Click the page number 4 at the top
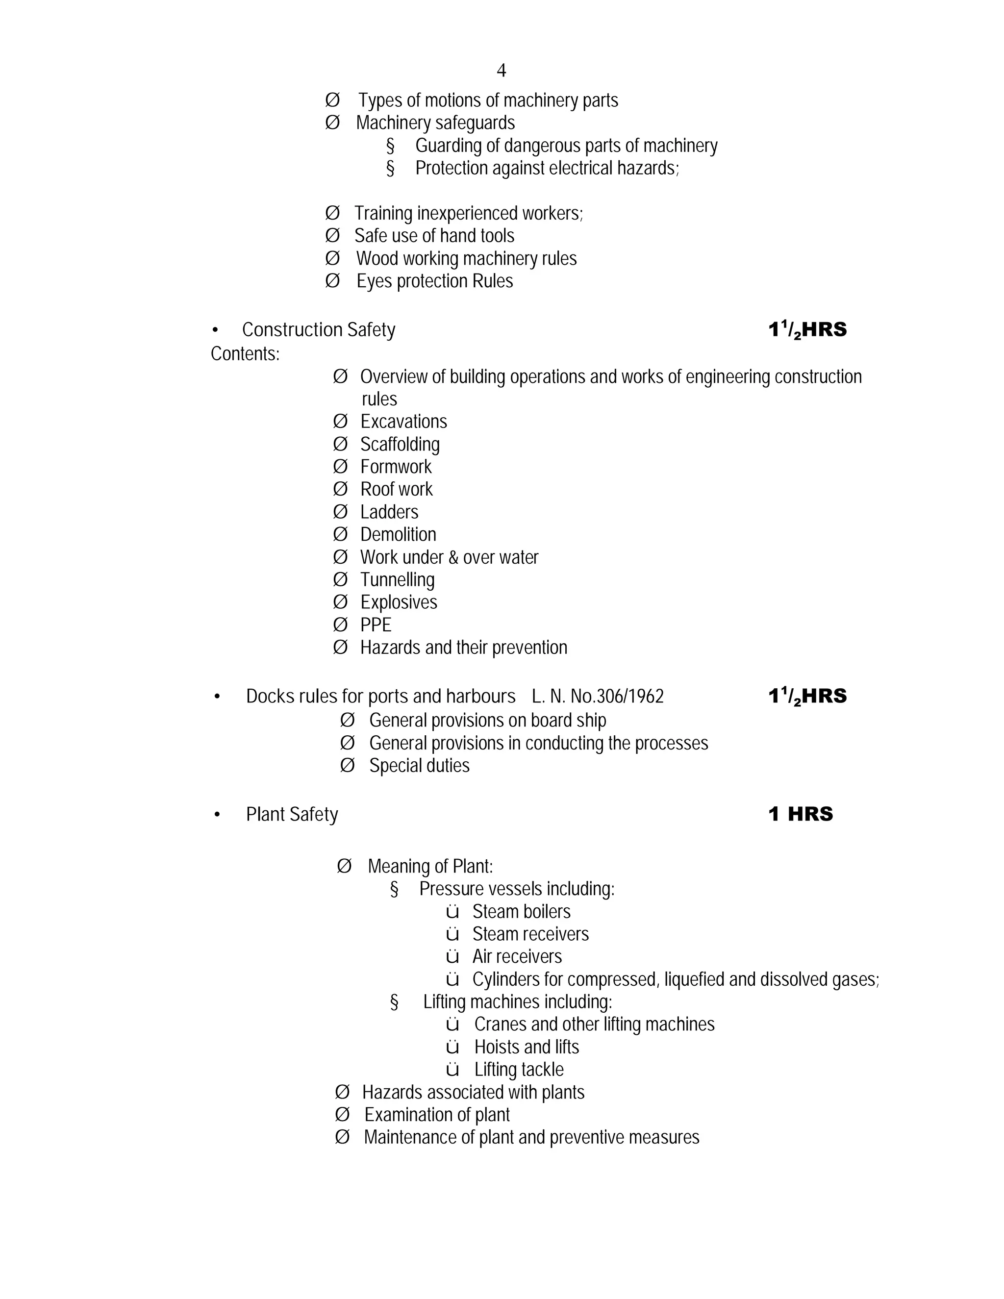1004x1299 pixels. [502, 71]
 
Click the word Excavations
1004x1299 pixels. [403, 422]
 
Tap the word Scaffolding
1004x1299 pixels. [400, 444]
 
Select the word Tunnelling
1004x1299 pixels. [397, 580]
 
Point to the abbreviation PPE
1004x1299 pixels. [376, 625]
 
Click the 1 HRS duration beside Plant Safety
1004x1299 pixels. [801, 814]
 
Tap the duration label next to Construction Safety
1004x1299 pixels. [807, 329]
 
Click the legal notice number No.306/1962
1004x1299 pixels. [617, 697]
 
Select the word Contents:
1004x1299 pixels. [245, 354]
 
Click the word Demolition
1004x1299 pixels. [398, 535]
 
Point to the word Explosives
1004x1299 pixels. [399, 602]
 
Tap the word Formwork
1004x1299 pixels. [396, 467]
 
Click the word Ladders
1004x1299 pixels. [389, 512]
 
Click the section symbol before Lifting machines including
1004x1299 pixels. [394, 1002]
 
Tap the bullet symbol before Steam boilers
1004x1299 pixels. [452, 912]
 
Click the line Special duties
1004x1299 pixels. [419, 766]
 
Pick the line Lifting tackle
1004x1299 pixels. [519, 1070]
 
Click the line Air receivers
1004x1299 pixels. [517, 957]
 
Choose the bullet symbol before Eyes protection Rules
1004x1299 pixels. [332, 281]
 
